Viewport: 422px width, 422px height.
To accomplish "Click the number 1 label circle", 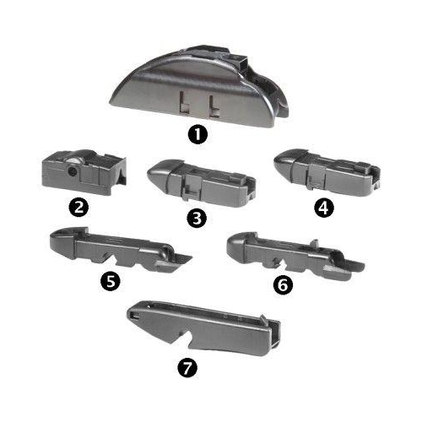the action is pyautogui.click(x=197, y=134).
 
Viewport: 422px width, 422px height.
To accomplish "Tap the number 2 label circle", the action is pyautogui.click(x=78, y=208).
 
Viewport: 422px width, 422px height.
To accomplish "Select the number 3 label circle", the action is pyautogui.click(x=197, y=218).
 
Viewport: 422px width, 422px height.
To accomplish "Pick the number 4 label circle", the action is pyautogui.click(x=324, y=208).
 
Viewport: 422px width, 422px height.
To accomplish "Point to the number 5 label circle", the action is pyautogui.click(x=111, y=280).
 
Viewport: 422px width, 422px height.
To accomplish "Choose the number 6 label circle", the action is pyautogui.click(x=284, y=285).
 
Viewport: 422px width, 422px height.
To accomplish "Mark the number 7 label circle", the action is pyautogui.click(x=187, y=368).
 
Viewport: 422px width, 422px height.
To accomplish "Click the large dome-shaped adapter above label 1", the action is pyautogui.click(x=199, y=86).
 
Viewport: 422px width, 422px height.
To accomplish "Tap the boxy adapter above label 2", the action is pyautogui.click(x=84, y=172).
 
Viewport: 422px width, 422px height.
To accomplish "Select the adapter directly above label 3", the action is pyautogui.click(x=201, y=183).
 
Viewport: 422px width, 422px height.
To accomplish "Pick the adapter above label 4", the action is pyautogui.click(x=327, y=172).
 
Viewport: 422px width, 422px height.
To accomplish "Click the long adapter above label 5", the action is pyautogui.click(x=121, y=250).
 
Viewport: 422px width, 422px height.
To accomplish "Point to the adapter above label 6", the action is pyautogui.click(x=295, y=256).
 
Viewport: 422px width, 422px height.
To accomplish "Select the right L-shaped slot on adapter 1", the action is pyautogui.click(x=214, y=106).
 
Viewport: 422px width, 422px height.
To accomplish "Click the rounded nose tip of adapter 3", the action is pyautogui.click(x=149, y=176).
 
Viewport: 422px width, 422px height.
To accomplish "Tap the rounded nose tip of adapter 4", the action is pyautogui.click(x=276, y=163).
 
